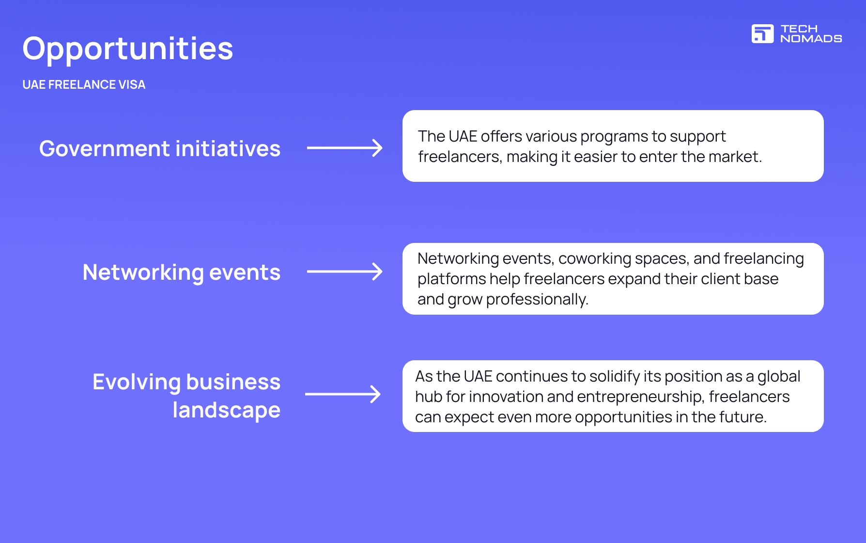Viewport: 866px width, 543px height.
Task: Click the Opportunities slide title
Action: pyautogui.click(x=128, y=49)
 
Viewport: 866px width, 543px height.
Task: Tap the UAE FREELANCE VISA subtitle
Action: pyautogui.click(x=84, y=85)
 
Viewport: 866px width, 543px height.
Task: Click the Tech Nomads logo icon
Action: pyautogui.click(x=762, y=33)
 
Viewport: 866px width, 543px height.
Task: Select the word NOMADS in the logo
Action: pyautogui.click(x=811, y=39)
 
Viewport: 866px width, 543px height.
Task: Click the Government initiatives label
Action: pyautogui.click(x=160, y=149)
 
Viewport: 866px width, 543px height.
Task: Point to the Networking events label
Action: pyautogui.click(x=182, y=272)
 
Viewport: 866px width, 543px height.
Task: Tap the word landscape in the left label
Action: pyautogui.click(x=226, y=410)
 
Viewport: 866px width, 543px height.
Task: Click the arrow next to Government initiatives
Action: pyautogui.click(x=345, y=148)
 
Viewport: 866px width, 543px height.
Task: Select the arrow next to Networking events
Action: pyautogui.click(x=345, y=271)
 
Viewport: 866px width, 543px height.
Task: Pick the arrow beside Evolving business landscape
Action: pyautogui.click(x=343, y=394)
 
